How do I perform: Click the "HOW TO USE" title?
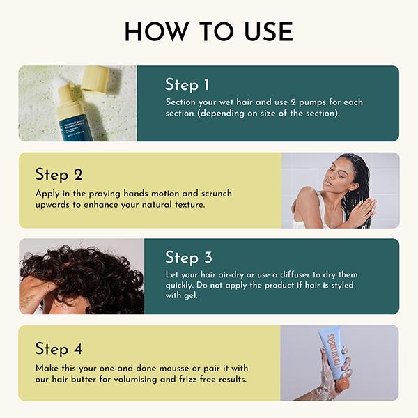pos(208,32)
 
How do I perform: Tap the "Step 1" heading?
pos(187,85)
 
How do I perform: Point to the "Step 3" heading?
pos(188,258)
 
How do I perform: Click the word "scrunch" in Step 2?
pos(212,193)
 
